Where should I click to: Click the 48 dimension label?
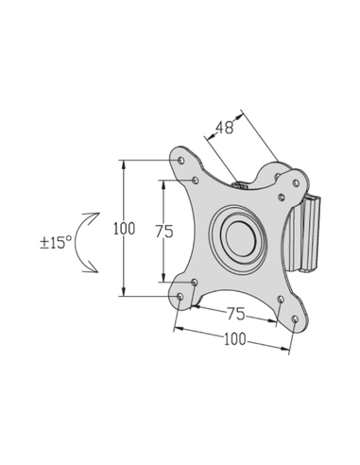224,127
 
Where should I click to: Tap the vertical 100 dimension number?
124,229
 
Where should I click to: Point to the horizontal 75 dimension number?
234,314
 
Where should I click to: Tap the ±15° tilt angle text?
56,242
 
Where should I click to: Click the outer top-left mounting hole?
180,160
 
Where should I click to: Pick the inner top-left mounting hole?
195,180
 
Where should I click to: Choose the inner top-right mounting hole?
282,198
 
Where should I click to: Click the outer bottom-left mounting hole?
180,297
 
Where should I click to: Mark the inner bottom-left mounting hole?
195,282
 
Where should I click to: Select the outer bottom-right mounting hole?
296,320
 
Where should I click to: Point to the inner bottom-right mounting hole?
281,301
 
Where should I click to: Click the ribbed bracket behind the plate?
310,232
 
